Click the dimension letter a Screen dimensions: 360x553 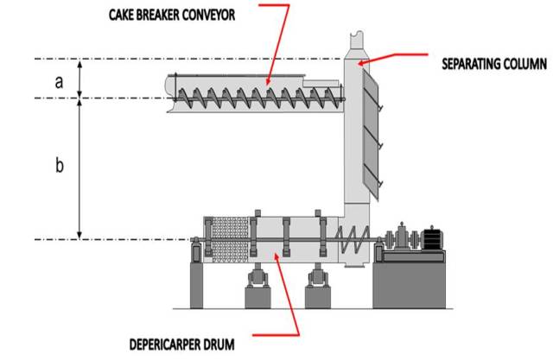pyautogui.click(x=59, y=81)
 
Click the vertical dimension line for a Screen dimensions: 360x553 pyautogui.click(x=80, y=79)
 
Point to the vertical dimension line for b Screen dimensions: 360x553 pyautogui.click(x=80, y=168)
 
